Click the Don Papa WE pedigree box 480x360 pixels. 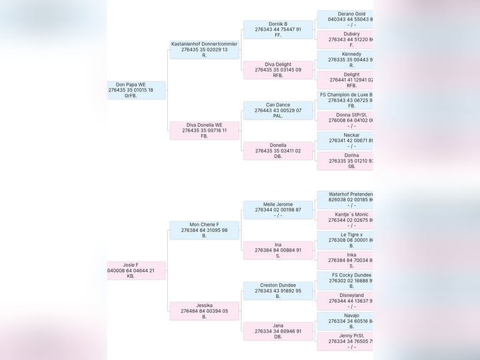coord(136,90)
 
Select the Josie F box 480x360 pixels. coord(136,270)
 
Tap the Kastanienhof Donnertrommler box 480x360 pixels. coord(204,50)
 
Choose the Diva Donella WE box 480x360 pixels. coord(204,130)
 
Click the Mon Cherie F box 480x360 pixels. coord(204,230)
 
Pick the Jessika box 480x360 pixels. coord(204,311)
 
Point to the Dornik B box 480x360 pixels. coord(278,29)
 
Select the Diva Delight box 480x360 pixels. coord(278,70)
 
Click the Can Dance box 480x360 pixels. coord(278,110)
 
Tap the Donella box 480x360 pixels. coord(278,151)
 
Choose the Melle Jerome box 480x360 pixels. coord(278,209)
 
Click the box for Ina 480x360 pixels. coord(278,250)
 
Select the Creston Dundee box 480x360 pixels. coord(278,290)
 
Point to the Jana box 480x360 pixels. coord(278,331)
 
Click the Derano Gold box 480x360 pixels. coord(345,19)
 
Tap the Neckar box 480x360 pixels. coord(345,140)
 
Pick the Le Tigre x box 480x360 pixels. coord(345,240)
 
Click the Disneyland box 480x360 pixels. coord(345,301)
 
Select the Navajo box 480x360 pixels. coord(345,321)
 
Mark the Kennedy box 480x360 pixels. coord(345,60)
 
